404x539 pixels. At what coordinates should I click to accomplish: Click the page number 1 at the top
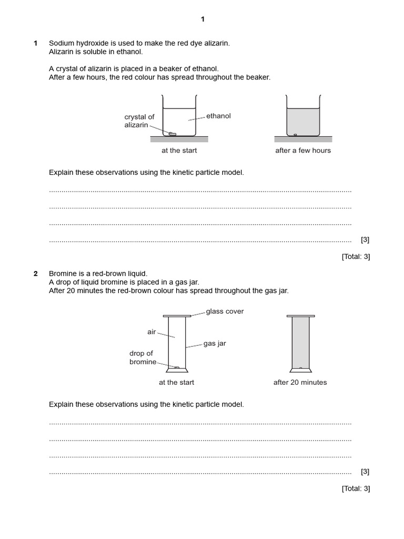point(203,19)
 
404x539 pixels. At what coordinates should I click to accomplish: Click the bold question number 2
point(36,274)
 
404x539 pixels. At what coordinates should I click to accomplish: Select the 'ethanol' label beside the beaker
point(218,116)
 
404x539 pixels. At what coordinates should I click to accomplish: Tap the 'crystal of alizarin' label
point(139,121)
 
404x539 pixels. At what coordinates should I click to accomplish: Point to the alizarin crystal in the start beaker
point(172,134)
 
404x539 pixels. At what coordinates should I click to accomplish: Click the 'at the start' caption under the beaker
point(179,151)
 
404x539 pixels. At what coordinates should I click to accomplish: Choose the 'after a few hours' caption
point(303,151)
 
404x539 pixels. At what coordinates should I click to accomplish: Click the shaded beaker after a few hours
point(303,121)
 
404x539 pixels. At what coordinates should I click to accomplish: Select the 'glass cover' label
point(225,312)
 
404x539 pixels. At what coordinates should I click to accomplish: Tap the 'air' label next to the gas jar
point(151,332)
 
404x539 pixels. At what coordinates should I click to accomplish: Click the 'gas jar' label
point(215,344)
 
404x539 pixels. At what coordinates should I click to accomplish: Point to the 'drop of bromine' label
point(143,358)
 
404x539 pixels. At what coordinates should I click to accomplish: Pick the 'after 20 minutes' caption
point(300,383)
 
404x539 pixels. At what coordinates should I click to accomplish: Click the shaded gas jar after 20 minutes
point(300,342)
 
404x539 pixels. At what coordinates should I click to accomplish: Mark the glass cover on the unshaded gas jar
point(177,316)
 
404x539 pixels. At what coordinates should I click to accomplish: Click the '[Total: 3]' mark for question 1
point(356,257)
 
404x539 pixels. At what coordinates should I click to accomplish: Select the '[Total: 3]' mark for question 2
point(356,488)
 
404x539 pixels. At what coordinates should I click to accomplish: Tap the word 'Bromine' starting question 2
point(62,274)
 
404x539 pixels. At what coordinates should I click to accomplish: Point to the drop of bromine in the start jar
point(177,367)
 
